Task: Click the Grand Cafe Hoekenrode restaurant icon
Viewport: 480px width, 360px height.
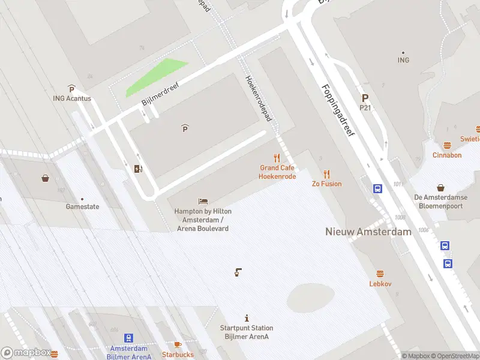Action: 277,158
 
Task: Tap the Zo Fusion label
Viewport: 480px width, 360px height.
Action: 326,184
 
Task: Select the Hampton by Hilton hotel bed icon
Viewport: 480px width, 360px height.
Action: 203,202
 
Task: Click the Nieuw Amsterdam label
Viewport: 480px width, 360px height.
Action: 368,232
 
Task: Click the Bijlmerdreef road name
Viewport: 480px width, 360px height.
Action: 161,94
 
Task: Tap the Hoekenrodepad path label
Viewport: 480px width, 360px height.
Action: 259,98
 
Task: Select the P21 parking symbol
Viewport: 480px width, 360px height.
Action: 365,98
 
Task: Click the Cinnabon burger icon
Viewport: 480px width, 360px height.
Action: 447,145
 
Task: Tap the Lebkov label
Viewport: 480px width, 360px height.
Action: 380,284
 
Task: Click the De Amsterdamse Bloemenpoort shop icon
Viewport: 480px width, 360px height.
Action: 441,188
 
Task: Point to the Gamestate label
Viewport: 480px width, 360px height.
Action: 82,206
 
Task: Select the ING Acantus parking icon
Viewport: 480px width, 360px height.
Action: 71,89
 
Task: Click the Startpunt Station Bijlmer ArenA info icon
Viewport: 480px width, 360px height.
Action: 247,318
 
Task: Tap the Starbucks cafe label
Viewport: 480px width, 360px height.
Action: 178,354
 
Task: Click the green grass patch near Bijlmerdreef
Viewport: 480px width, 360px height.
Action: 155,77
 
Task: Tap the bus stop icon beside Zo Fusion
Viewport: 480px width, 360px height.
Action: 378,188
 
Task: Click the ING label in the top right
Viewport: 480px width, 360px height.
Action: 403,60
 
